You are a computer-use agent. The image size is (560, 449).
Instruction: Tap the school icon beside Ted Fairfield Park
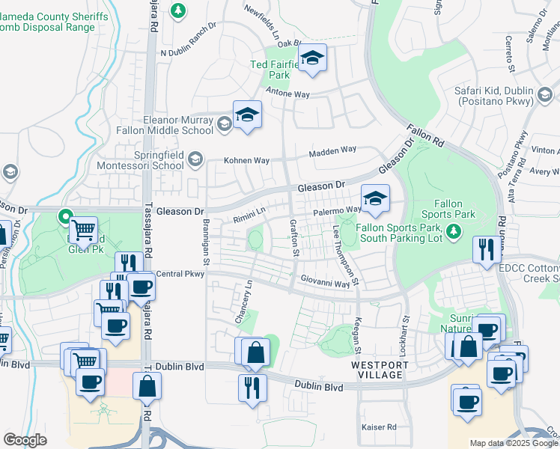[x=312, y=58]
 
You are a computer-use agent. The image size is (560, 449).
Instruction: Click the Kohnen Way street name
[x=247, y=160]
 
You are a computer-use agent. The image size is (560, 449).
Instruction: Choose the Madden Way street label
[x=334, y=150]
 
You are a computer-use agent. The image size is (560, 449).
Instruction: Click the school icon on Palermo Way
[x=375, y=198]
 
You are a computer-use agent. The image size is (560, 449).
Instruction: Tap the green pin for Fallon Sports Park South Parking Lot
[x=452, y=233]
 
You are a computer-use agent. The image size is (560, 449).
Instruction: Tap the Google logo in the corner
[x=25, y=440]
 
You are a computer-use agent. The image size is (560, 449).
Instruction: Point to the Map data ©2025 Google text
[x=514, y=443]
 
